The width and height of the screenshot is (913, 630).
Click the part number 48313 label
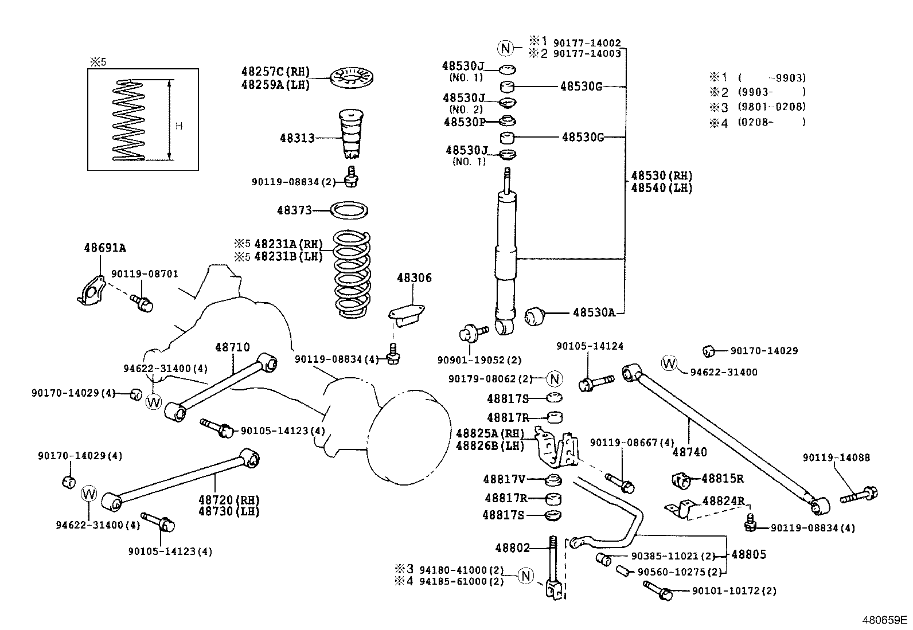tap(297, 138)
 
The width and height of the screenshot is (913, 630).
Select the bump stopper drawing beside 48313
tap(350, 134)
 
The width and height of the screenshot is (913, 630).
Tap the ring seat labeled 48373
tap(350, 210)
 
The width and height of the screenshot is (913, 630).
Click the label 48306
tap(414, 278)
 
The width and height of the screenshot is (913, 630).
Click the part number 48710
tap(233, 347)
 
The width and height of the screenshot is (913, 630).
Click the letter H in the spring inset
tap(179, 126)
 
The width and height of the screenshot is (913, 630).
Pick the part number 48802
tap(513, 547)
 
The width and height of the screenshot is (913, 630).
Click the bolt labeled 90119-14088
tap(860, 495)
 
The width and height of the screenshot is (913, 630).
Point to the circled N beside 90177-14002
tap(506, 48)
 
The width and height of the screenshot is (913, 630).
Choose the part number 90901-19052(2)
tap(479, 360)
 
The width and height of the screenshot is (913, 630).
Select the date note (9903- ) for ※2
tap(772, 92)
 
